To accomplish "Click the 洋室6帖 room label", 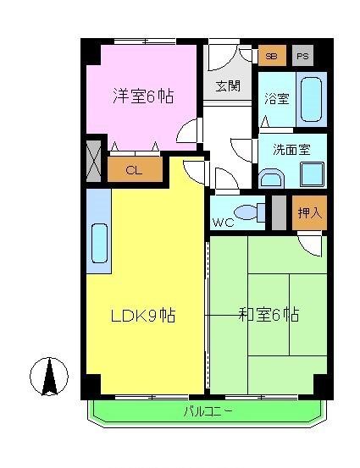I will point(143,96).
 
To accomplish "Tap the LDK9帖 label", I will point(143,317).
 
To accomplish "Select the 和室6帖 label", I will point(268,316).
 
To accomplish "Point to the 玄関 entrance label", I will point(227,85).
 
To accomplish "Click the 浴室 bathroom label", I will point(276,98).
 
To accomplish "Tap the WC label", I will point(223,223).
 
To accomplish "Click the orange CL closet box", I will point(134,169).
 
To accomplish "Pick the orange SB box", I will point(271,56).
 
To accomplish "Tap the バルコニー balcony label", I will point(208,412).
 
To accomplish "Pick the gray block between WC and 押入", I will point(278,212).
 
